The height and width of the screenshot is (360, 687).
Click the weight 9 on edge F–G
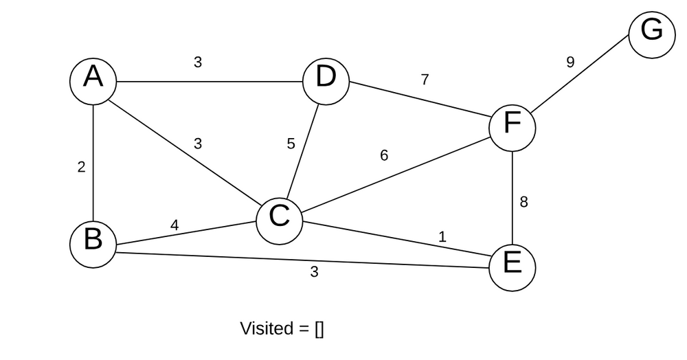570,63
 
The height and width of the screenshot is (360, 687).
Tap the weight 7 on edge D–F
425,80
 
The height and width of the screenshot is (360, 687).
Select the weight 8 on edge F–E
523,203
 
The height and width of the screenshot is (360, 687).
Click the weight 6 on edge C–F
384,156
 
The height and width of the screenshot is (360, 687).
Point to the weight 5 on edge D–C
291,144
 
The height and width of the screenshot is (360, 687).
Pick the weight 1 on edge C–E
442,237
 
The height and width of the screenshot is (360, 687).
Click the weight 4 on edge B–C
174,225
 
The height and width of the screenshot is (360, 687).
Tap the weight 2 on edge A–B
81,167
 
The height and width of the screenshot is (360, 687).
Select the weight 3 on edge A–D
198,63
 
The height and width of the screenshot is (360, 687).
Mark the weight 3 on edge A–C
198,144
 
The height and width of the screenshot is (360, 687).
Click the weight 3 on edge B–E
314,272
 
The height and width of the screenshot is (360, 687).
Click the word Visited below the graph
266,328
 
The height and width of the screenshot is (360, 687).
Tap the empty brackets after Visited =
319,329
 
